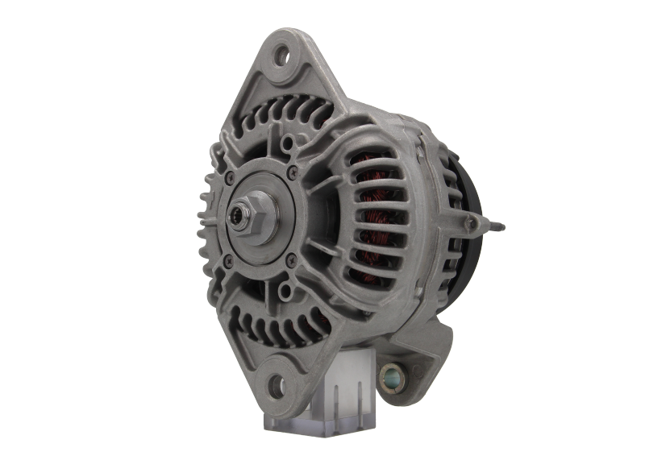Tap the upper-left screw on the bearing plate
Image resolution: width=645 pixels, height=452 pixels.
[x=230, y=177]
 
